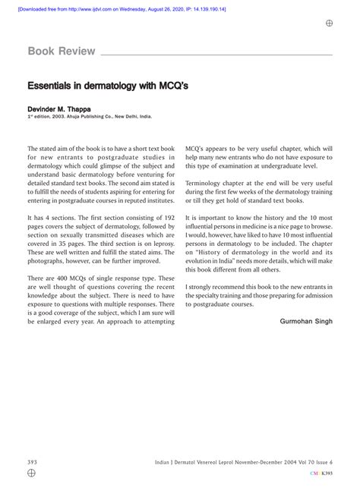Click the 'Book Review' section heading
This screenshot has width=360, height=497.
point(61,52)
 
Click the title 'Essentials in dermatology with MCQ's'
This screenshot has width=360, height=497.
point(109,87)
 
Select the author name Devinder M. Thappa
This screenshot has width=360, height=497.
point(64,110)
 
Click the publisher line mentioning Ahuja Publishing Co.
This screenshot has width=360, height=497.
point(90,118)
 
